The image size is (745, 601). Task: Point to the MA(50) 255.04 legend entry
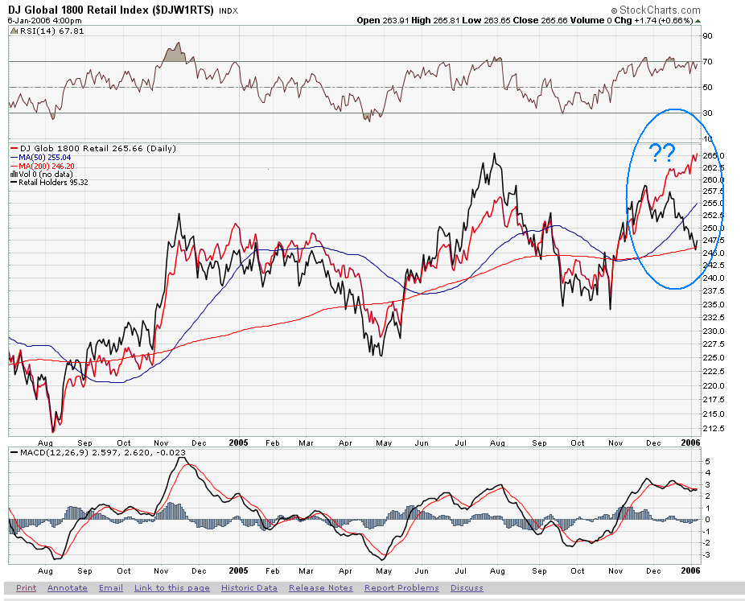[x=46, y=158]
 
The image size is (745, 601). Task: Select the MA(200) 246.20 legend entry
[x=47, y=166]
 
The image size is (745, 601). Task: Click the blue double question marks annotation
[x=662, y=151]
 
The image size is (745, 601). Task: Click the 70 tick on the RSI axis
[x=708, y=61]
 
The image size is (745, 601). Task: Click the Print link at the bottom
[x=26, y=588]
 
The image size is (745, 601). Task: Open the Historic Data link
[x=249, y=588]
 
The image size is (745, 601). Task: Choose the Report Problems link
[x=401, y=588]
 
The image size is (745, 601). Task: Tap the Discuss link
[x=467, y=588]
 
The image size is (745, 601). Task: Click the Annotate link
[x=68, y=588]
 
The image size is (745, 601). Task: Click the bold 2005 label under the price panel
[x=239, y=442]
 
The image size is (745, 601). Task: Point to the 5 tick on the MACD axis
[x=708, y=461]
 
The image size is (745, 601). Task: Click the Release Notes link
[x=321, y=588]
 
